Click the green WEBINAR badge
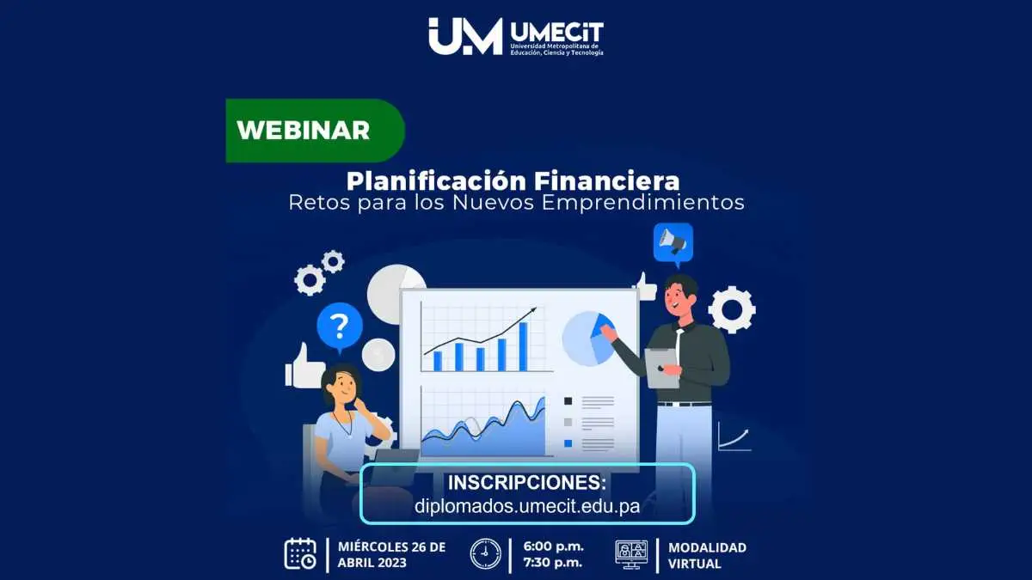315,131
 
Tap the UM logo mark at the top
465,36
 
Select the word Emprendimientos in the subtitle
642,203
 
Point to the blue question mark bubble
340,327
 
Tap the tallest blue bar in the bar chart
524,346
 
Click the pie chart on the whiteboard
588,339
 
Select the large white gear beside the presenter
732,309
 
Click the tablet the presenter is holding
661,368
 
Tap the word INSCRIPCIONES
527,483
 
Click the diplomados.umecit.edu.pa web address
527,506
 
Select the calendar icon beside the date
300,554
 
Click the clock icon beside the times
486,554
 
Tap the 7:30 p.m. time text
553,563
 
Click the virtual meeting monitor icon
631,554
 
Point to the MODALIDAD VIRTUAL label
707,555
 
